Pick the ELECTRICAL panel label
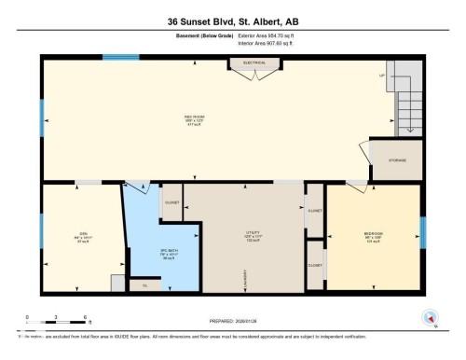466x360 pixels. point(254,63)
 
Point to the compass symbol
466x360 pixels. point(430,317)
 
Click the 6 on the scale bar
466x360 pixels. point(86,319)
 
